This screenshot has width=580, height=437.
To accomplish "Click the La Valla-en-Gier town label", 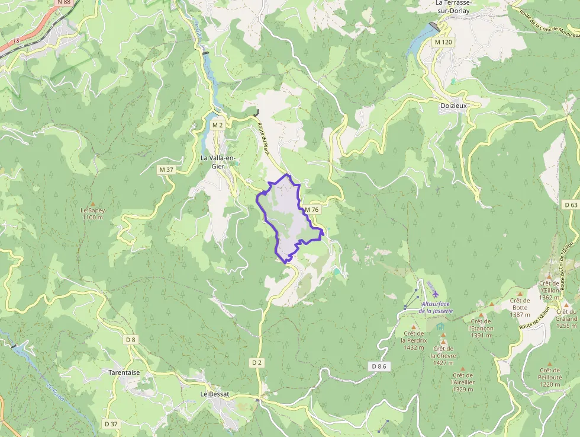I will (x=218, y=162).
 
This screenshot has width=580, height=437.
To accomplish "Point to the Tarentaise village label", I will (x=124, y=372).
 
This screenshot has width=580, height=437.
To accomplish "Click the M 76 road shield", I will (x=312, y=210).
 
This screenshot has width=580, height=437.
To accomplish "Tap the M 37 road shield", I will (x=166, y=170).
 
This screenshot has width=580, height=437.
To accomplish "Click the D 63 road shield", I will (x=571, y=205).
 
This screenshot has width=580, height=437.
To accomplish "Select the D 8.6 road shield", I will (x=379, y=366).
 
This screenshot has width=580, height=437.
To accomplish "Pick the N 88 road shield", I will (x=64, y=2).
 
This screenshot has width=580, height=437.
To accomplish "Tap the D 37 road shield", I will (x=111, y=423).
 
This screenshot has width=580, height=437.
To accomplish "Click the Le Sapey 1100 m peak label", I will (x=92, y=213).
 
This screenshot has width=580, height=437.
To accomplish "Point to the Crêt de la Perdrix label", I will (x=413, y=340).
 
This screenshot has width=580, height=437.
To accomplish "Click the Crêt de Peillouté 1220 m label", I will (x=550, y=377).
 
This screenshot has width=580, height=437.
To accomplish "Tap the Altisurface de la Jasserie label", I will (x=436, y=307).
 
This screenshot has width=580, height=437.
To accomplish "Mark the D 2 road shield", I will (x=256, y=362).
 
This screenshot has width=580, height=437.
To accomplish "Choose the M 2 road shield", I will (x=217, y=125).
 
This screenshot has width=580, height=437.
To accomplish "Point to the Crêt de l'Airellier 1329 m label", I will (x=462, y=382).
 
